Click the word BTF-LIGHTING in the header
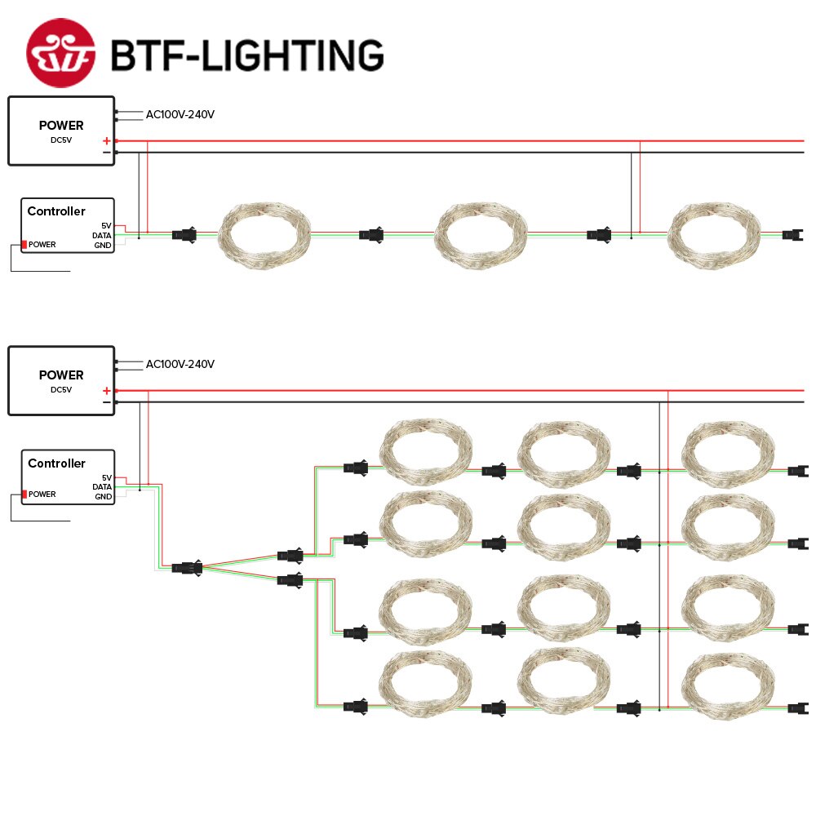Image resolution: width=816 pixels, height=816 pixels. pos(246,55)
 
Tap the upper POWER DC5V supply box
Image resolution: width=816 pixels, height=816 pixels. pos(61,131)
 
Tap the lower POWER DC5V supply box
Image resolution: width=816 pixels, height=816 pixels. pos(61,380)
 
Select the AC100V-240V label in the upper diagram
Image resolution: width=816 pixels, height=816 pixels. pos(180,115)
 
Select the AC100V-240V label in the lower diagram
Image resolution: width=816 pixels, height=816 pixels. pos(180,364)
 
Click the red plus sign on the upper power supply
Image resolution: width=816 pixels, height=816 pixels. pos(106,141)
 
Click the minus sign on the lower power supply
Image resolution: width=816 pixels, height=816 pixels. pos(106,402)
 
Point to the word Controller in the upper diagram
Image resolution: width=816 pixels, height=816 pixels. pos(56,211)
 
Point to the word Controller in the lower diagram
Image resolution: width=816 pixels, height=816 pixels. pos(56,463)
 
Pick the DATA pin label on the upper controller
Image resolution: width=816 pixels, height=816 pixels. pos(102,235)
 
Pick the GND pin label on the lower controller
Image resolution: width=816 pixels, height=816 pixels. pos(103,496)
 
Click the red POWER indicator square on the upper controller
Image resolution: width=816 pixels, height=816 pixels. pos(24,245)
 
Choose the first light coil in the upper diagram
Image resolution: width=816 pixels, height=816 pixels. pos(265,235)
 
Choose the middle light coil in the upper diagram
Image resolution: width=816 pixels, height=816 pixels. pos(481,235)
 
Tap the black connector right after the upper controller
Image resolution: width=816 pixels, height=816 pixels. pos(184,235)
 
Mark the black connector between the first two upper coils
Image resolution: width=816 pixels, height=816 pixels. pos(371,235)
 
